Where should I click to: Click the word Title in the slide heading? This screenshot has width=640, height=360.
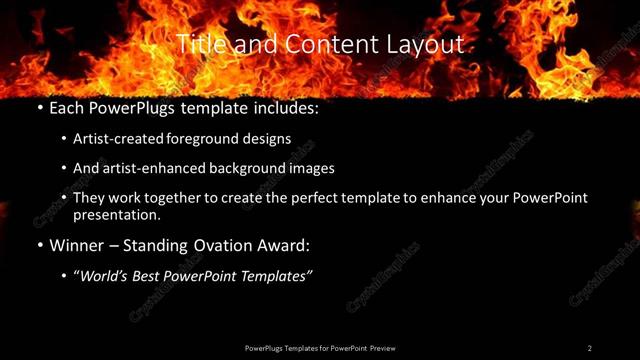[199, 44]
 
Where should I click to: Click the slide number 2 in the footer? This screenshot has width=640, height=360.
[590, 348]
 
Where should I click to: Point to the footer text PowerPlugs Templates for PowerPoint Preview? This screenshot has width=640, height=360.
[320, 348]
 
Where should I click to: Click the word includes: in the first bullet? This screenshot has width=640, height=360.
[283, 105]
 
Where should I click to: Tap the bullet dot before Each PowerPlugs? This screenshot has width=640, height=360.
[39, 105]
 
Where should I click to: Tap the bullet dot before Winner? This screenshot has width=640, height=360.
[39, 244]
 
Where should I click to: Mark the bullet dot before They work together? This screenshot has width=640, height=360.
[63, 198]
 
